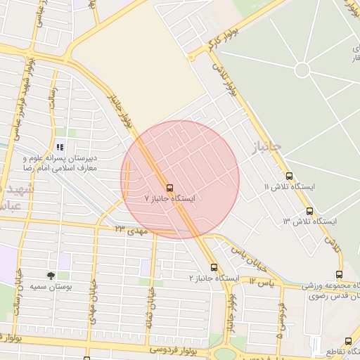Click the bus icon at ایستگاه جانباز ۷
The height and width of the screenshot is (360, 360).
coord(169,188)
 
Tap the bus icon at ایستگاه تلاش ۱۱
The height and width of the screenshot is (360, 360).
coord(289,176)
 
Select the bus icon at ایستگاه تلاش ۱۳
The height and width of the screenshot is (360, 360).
coord(309,211)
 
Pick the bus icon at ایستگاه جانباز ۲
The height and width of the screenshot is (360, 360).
coord(214,267)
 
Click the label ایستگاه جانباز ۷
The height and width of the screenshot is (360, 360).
coord(169,199)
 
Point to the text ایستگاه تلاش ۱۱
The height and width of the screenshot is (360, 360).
coord(290,187)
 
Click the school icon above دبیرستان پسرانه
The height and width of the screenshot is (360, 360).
coord(60,148)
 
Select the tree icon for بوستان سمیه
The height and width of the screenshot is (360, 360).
coord(51,276)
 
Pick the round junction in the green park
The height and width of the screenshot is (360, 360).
coord(302,70)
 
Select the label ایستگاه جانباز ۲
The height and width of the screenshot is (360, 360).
coord(214,278)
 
